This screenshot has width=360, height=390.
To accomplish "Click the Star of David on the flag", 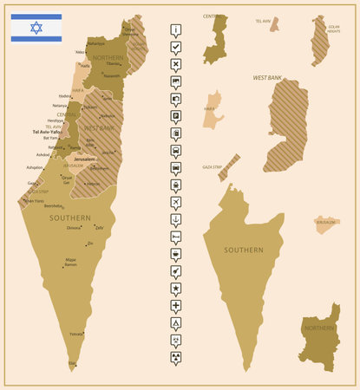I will click(x=36, y=28).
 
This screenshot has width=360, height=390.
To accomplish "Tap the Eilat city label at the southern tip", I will click(x=72, y=363).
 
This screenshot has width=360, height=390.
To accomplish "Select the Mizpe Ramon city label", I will click(x=70, y=261).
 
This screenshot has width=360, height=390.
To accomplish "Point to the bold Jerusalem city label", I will click(x=84, y=159).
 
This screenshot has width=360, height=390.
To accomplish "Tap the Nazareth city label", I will click(x=111, y=75).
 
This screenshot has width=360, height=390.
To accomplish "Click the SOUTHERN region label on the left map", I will click(x=69, y=218).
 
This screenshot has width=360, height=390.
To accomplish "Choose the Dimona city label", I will click(x=74, y=227).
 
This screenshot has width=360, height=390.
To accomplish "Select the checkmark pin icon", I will click(x=176, y=47).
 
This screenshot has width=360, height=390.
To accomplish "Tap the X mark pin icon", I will click(x=176, y=64).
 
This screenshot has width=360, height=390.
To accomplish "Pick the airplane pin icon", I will click(x=176, y=202).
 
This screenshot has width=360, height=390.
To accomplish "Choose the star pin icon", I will click(x=176, y=288).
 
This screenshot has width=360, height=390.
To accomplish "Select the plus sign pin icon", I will click(x=176, y=306).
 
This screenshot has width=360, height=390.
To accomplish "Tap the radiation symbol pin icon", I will click(x=176, y=356).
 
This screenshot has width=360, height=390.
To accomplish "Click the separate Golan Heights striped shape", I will click(x=320, y=42).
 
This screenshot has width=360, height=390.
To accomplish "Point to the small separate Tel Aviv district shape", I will click(x=274, y=25).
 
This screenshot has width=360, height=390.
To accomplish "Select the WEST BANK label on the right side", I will click(x=268, y=78).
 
